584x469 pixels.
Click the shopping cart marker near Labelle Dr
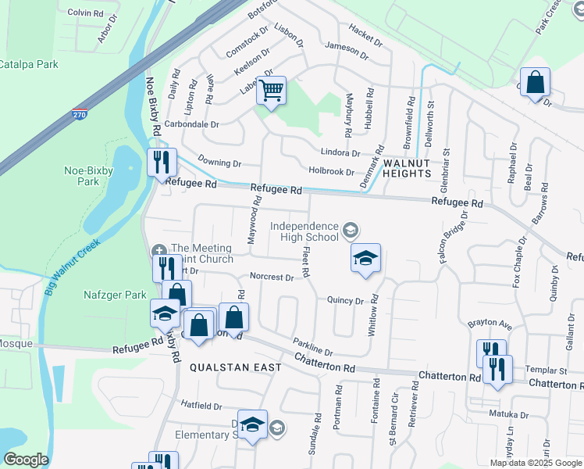tap(271, 91)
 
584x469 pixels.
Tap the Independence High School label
tap(305, 231)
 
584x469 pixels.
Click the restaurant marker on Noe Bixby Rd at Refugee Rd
tap(162, 163)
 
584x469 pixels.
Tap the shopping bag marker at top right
tap(536, 82)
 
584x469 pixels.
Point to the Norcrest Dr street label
tap(272, 277)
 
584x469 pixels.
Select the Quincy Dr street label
tap(346, 300)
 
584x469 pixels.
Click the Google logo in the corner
tap(26, 460)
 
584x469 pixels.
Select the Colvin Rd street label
tap(86, 13)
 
